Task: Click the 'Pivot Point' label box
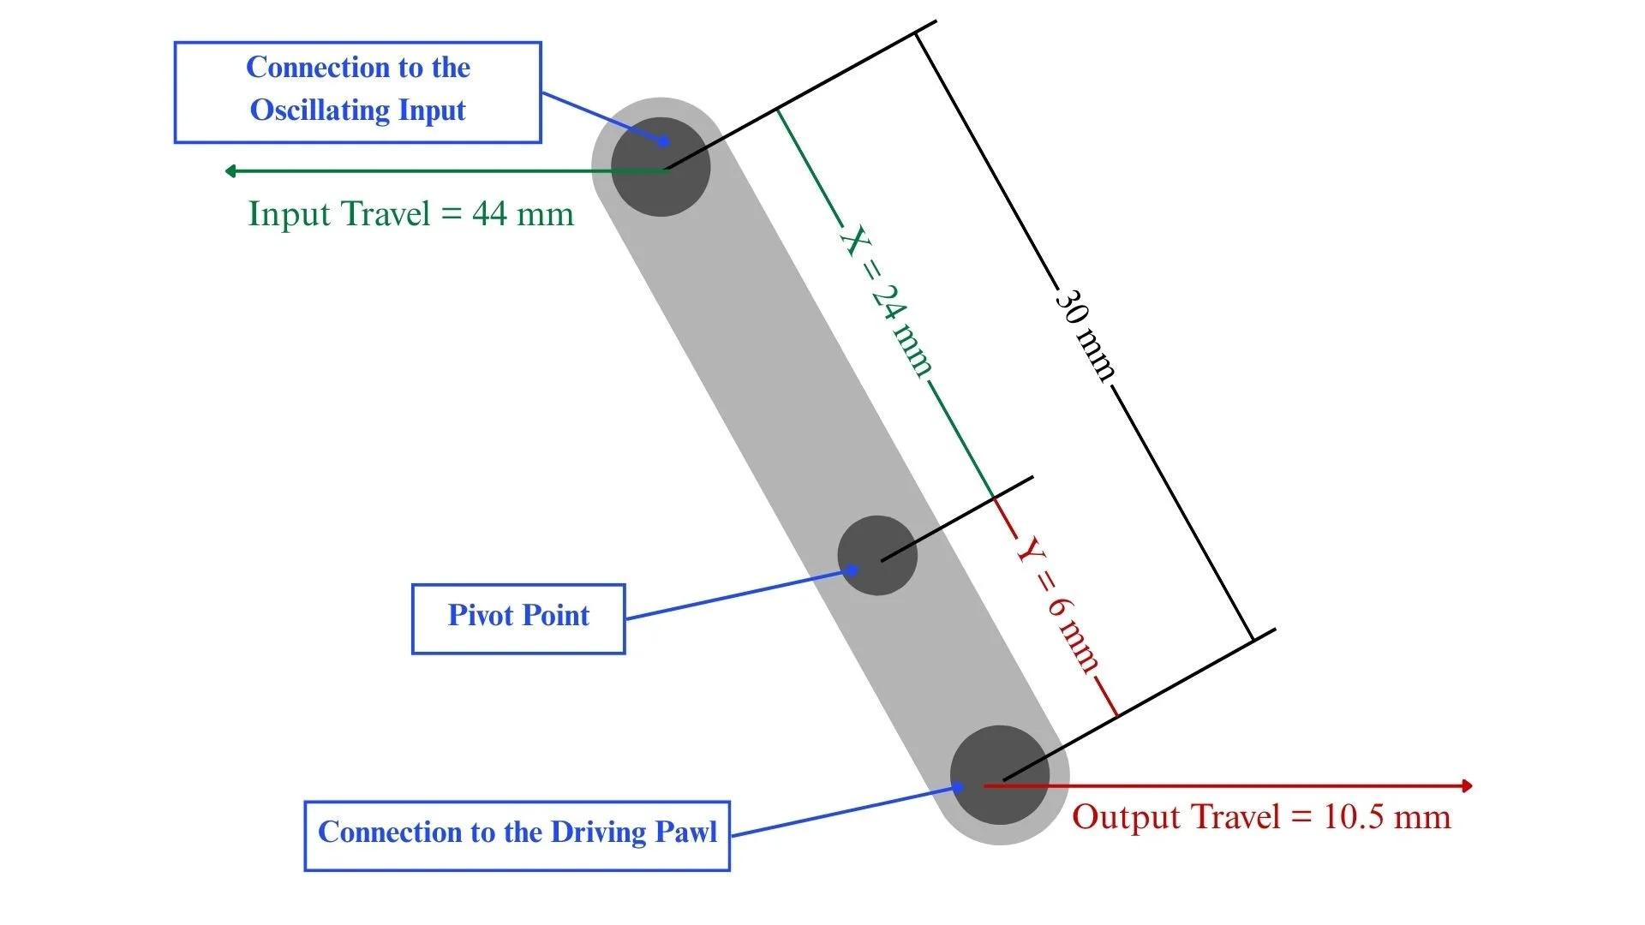[518, 619]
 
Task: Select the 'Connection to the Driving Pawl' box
[517, 836]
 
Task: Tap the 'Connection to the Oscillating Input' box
[358, 92]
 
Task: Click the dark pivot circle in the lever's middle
[877, 555]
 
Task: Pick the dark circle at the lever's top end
[661, 166]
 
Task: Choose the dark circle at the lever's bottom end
[1000, 775]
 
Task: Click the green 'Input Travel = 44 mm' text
[411, 214]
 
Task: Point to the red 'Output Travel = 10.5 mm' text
[1261, 817]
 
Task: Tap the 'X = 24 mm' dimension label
[887, 301]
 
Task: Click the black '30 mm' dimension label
[1086, 334]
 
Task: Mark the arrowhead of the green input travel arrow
[230, 171]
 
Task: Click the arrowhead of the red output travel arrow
[1468, 785]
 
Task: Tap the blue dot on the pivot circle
[852, 570]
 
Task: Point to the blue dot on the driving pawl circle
[959, 787]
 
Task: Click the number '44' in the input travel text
[489, 214]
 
